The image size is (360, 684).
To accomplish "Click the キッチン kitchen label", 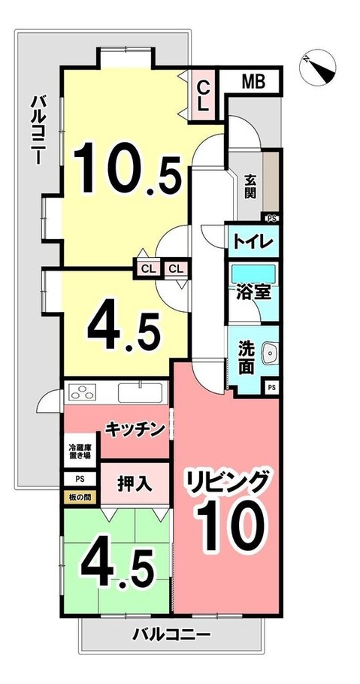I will pyautogui.click(x=135, y=429).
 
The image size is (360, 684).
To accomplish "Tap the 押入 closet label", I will pyautogui.click(x=135, y=484).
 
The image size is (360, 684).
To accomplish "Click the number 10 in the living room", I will pyautogui.click(x=231, y=525).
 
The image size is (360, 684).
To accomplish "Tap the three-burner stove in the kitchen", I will pyautogui.click(x=84, y=392).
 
